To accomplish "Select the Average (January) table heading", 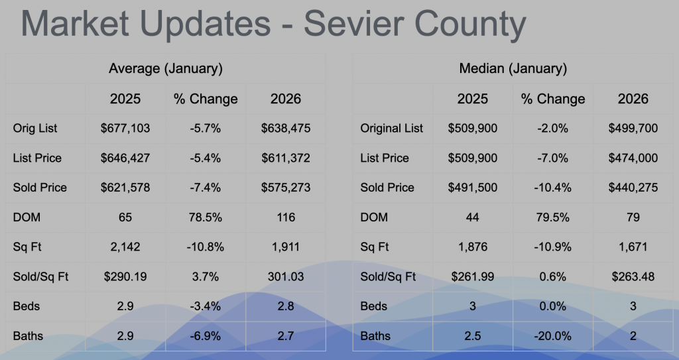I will coord(165,68).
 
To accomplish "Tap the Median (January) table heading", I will coord(513,68).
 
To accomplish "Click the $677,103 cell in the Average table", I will coord(125,128).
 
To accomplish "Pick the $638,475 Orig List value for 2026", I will coord(285,128).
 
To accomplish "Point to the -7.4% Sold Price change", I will coord(206,188).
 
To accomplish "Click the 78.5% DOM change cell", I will coord(206,217).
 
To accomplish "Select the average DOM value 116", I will coord(285,217).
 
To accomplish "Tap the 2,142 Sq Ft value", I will coord(125,247).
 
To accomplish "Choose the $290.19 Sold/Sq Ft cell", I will coord(125,276).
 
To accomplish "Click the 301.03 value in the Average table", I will coord(285,276).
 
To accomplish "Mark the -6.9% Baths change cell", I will coord(206,336).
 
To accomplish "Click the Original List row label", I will coord(391,128).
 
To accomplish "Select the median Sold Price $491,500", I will coord(473,188).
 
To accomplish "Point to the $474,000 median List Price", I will coord(633,158).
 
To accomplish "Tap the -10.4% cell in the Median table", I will coord(553,188).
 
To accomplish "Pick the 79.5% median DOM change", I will coord(553,217).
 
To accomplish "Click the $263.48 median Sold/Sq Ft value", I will coord(633,276).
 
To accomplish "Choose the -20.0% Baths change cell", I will coord(553,336).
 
